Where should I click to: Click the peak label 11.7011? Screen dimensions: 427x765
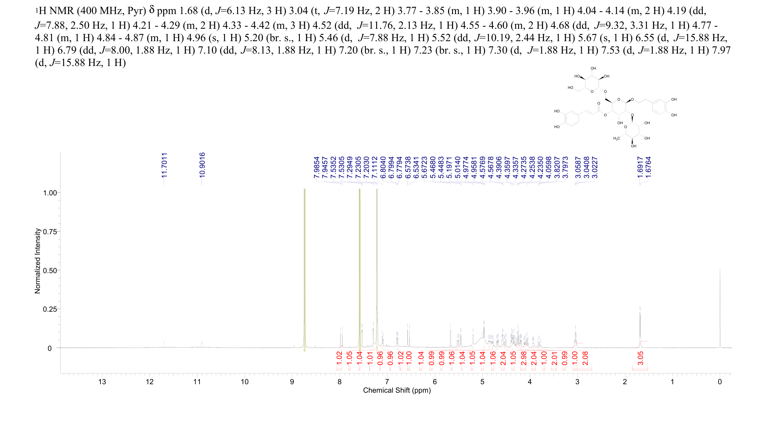pos(164,165)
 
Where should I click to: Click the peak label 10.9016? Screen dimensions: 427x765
pos(202,165)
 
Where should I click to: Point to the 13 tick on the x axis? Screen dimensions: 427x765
pos(102,382)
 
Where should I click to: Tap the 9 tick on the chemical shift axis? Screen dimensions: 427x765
pos(292,382)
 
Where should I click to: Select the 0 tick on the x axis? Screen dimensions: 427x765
pos(720,382)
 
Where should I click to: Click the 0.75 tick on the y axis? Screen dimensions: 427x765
pos(50,232)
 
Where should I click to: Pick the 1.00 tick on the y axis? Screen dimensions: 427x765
pos(50,193)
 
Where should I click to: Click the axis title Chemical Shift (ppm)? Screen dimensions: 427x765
pos(397,390)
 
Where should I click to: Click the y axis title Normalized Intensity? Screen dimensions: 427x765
pos(38,261)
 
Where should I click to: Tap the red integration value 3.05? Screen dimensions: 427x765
pos(640,358)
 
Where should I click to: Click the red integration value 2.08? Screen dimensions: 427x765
pos(585,358)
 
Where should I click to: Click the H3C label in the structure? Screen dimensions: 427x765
pos(616,139)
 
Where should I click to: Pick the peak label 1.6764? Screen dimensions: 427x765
pos(649,167)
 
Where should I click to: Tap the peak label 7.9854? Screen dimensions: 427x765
pos(316,167)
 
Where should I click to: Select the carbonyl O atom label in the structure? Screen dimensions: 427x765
pos(599,103)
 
